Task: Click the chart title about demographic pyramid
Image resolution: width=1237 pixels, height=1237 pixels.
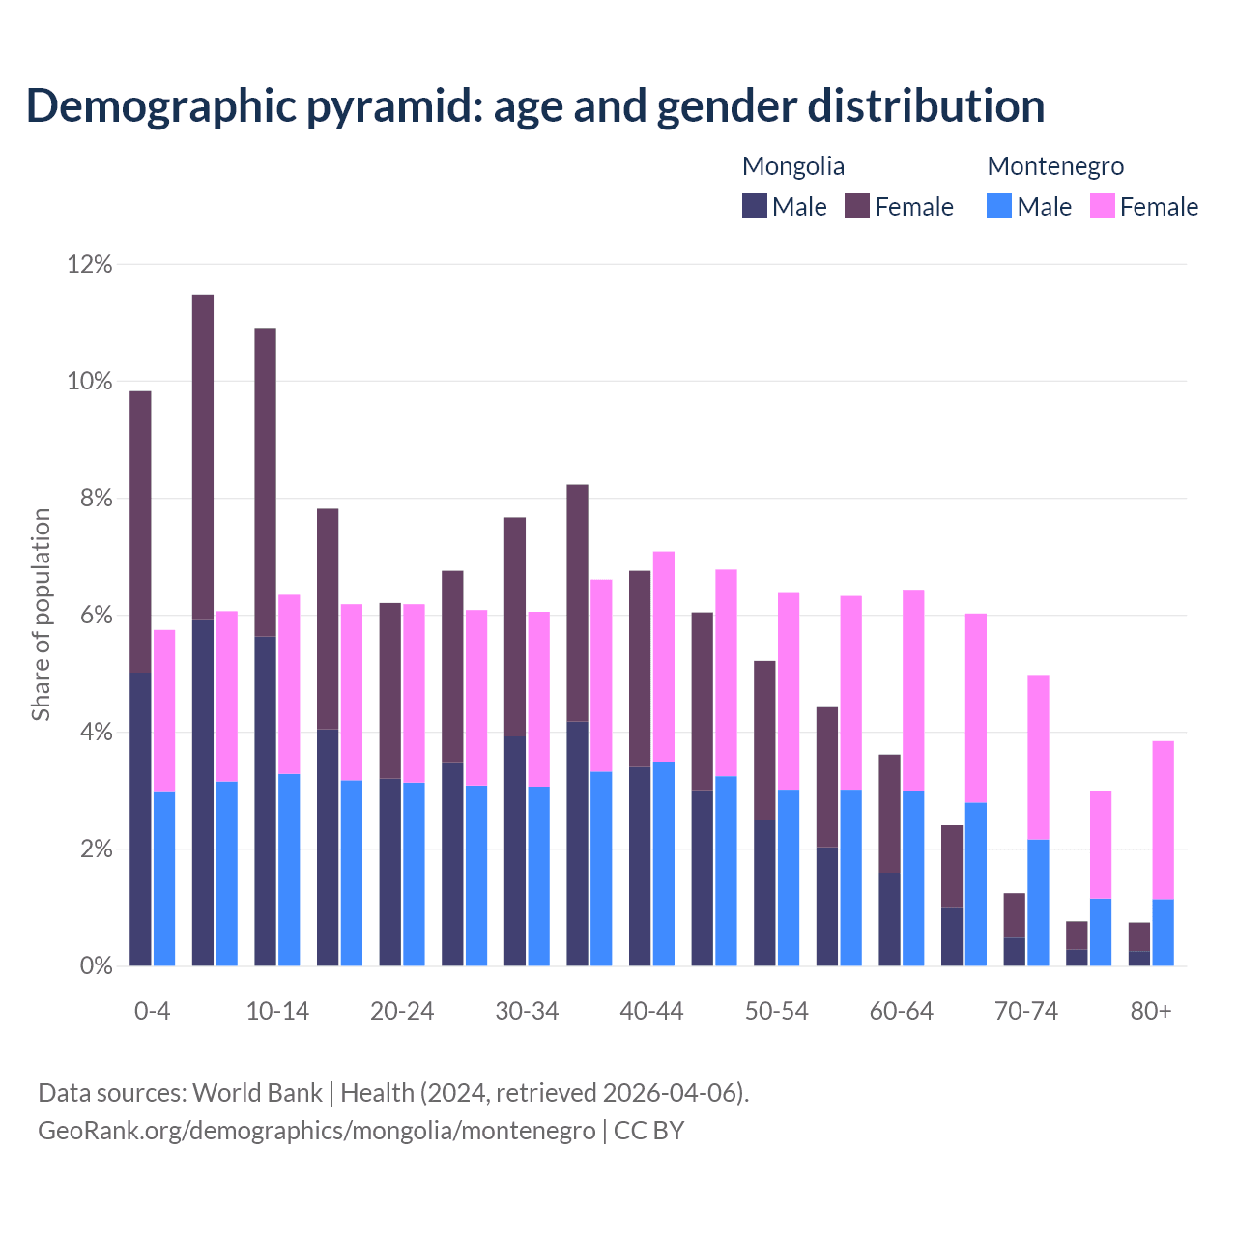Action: coord(535,106)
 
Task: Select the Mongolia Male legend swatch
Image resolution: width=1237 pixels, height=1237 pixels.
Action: coord(755,206)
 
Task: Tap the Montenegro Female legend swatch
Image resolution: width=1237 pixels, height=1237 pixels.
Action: coord(1103,206)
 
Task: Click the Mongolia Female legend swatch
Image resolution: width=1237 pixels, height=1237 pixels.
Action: coord(857,206)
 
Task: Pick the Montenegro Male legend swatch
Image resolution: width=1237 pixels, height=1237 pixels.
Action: coord(999,206)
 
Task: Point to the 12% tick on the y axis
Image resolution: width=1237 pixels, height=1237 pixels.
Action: coord(90,264)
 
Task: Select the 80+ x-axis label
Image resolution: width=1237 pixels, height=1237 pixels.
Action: coord(1151,1011)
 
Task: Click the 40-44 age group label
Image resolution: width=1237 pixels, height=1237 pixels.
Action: coord(651,1011)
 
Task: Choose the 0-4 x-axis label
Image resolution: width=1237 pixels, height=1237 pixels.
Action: coord(153,1011)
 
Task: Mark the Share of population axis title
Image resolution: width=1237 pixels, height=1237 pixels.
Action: coord(42,615)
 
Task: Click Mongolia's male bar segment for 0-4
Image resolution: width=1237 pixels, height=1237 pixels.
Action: coord(140,819)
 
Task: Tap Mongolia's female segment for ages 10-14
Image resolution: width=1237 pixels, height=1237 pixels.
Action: coord(265,482)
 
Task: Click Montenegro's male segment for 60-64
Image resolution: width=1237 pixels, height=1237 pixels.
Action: coord(913,878)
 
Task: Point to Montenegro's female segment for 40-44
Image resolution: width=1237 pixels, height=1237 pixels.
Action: coord(664,656)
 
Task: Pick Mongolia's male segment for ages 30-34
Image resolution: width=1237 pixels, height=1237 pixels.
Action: coord(515,851)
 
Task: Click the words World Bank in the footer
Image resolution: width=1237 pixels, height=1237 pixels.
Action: coord(257,1093)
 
